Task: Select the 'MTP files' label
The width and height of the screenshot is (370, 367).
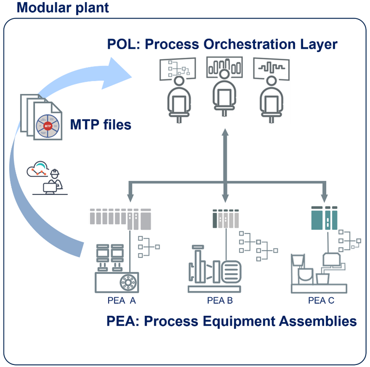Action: click(100, 124)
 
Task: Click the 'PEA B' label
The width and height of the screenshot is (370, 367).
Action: click(219, 301)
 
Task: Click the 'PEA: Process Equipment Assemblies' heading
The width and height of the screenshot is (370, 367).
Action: click(231, 321)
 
